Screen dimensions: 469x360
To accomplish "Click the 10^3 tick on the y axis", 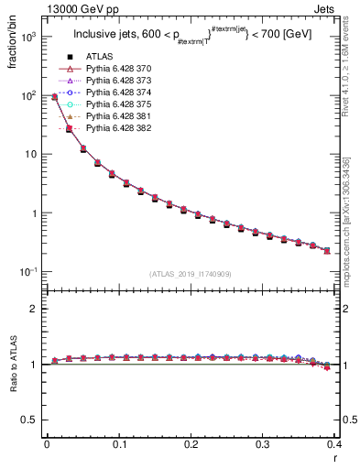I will pos(29,37).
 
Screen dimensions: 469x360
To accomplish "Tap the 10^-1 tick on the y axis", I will pos(29,272).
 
